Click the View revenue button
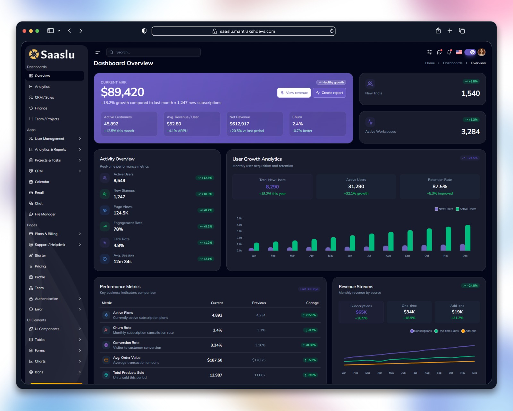pos(294,93)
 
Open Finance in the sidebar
pos(41,108)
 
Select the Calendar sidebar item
pos(42,182)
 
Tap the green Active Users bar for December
pos(467,238)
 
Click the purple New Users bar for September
pos(405,248)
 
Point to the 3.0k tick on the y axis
pos(239,231)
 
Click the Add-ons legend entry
pos(469,331)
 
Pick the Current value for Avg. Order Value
pos(214,360)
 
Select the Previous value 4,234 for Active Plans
pos(261,315)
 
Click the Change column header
pos(312,303)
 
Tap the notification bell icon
pos(449,52)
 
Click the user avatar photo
pos(482,52)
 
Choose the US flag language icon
pos(459,52)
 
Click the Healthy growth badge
pos(331,83)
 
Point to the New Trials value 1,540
pos(471,93)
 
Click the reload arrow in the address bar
pos(331,31)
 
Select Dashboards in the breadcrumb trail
pos(452,63)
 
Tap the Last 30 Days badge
pos(309,289)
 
